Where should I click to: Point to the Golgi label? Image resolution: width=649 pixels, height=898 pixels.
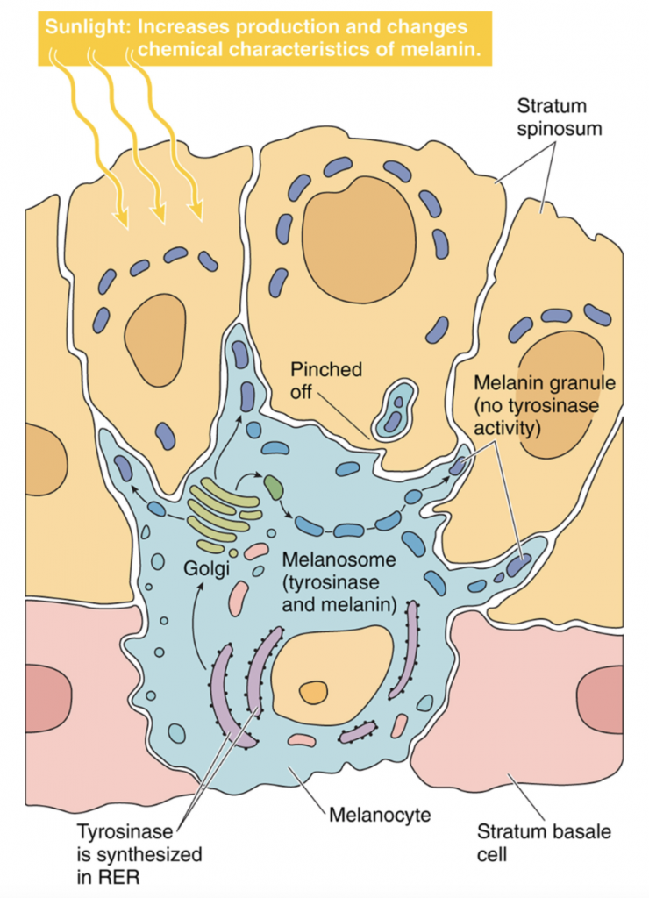click(x=205, y=568)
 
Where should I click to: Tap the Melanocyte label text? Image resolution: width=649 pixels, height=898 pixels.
click(x=380, y=816)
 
